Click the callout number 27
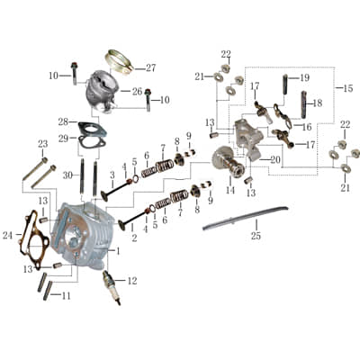click(150, 67)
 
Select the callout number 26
click(137, 91)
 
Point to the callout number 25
click(256, 236)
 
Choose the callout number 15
click(348, 87)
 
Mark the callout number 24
click(7, 236)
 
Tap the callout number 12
click(132, 281)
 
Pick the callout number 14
click(230, 191)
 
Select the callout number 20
click(275, 159)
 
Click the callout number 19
click(304, 78)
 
